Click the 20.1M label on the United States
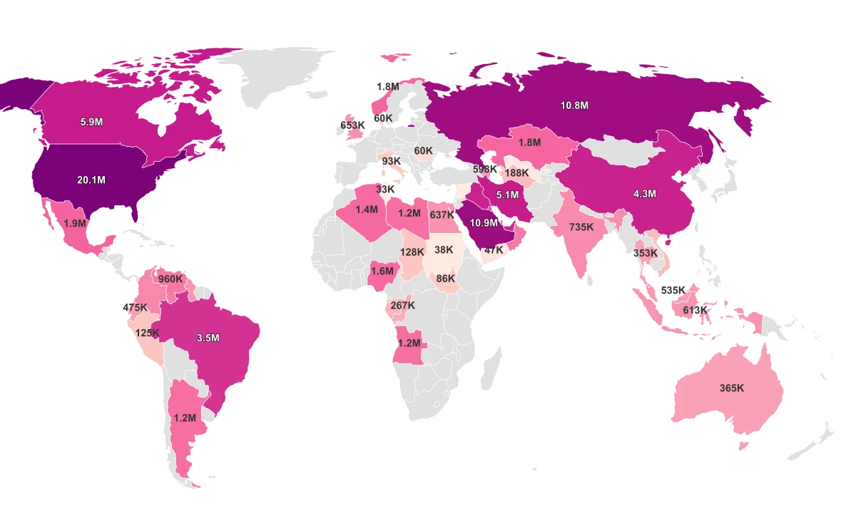tap(91, 180)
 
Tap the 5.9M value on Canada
tap(91, 122)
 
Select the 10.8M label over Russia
tap(574, 105)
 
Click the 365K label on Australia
tap(732, 388)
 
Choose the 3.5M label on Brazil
tap(208, 338)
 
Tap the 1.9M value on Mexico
tap(75, 223)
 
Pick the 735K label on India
tap(581, 227)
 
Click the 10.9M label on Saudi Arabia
tap(484, 223)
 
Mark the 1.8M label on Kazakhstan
tap(529, 142)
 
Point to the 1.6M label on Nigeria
tap(382, 271)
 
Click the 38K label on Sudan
tap(444, 250)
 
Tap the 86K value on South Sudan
tap(445, 279)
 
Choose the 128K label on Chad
tap(412, 252)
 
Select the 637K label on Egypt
tap(442, 215)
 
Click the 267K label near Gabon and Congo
tap(402, 306)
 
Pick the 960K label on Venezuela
tap(170, 279)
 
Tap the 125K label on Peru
tap(148, 333)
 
